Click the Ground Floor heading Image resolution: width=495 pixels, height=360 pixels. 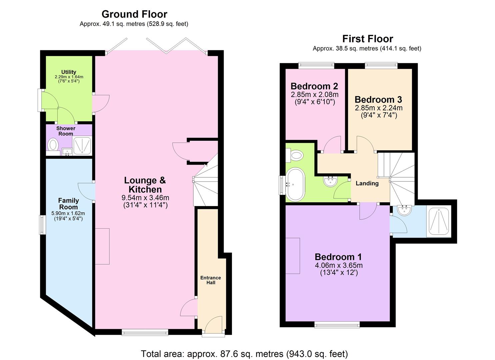(134, 14)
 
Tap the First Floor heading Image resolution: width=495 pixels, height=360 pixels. (367, 39)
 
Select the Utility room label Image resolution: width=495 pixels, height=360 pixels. (69, 72)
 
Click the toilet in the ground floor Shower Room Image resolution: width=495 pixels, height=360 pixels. (53, 145)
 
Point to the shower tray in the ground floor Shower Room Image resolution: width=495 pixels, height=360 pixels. (82, 146)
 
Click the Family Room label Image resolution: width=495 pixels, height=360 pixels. (68, 204)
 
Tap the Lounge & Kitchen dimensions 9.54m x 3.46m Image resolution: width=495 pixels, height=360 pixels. (145, 198)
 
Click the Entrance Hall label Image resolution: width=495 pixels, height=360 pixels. (210, 280)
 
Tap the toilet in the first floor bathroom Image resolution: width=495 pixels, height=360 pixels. (295, 155)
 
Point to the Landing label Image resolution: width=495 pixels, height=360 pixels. (367, 183)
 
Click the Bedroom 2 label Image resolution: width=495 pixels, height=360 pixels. (314, 86)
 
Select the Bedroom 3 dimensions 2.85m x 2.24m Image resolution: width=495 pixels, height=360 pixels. (378, 108)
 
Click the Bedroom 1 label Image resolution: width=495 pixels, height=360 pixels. (338, 257)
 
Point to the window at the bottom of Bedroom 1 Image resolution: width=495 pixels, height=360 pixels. (337, 324)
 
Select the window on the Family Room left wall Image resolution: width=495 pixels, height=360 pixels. (42, 225)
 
